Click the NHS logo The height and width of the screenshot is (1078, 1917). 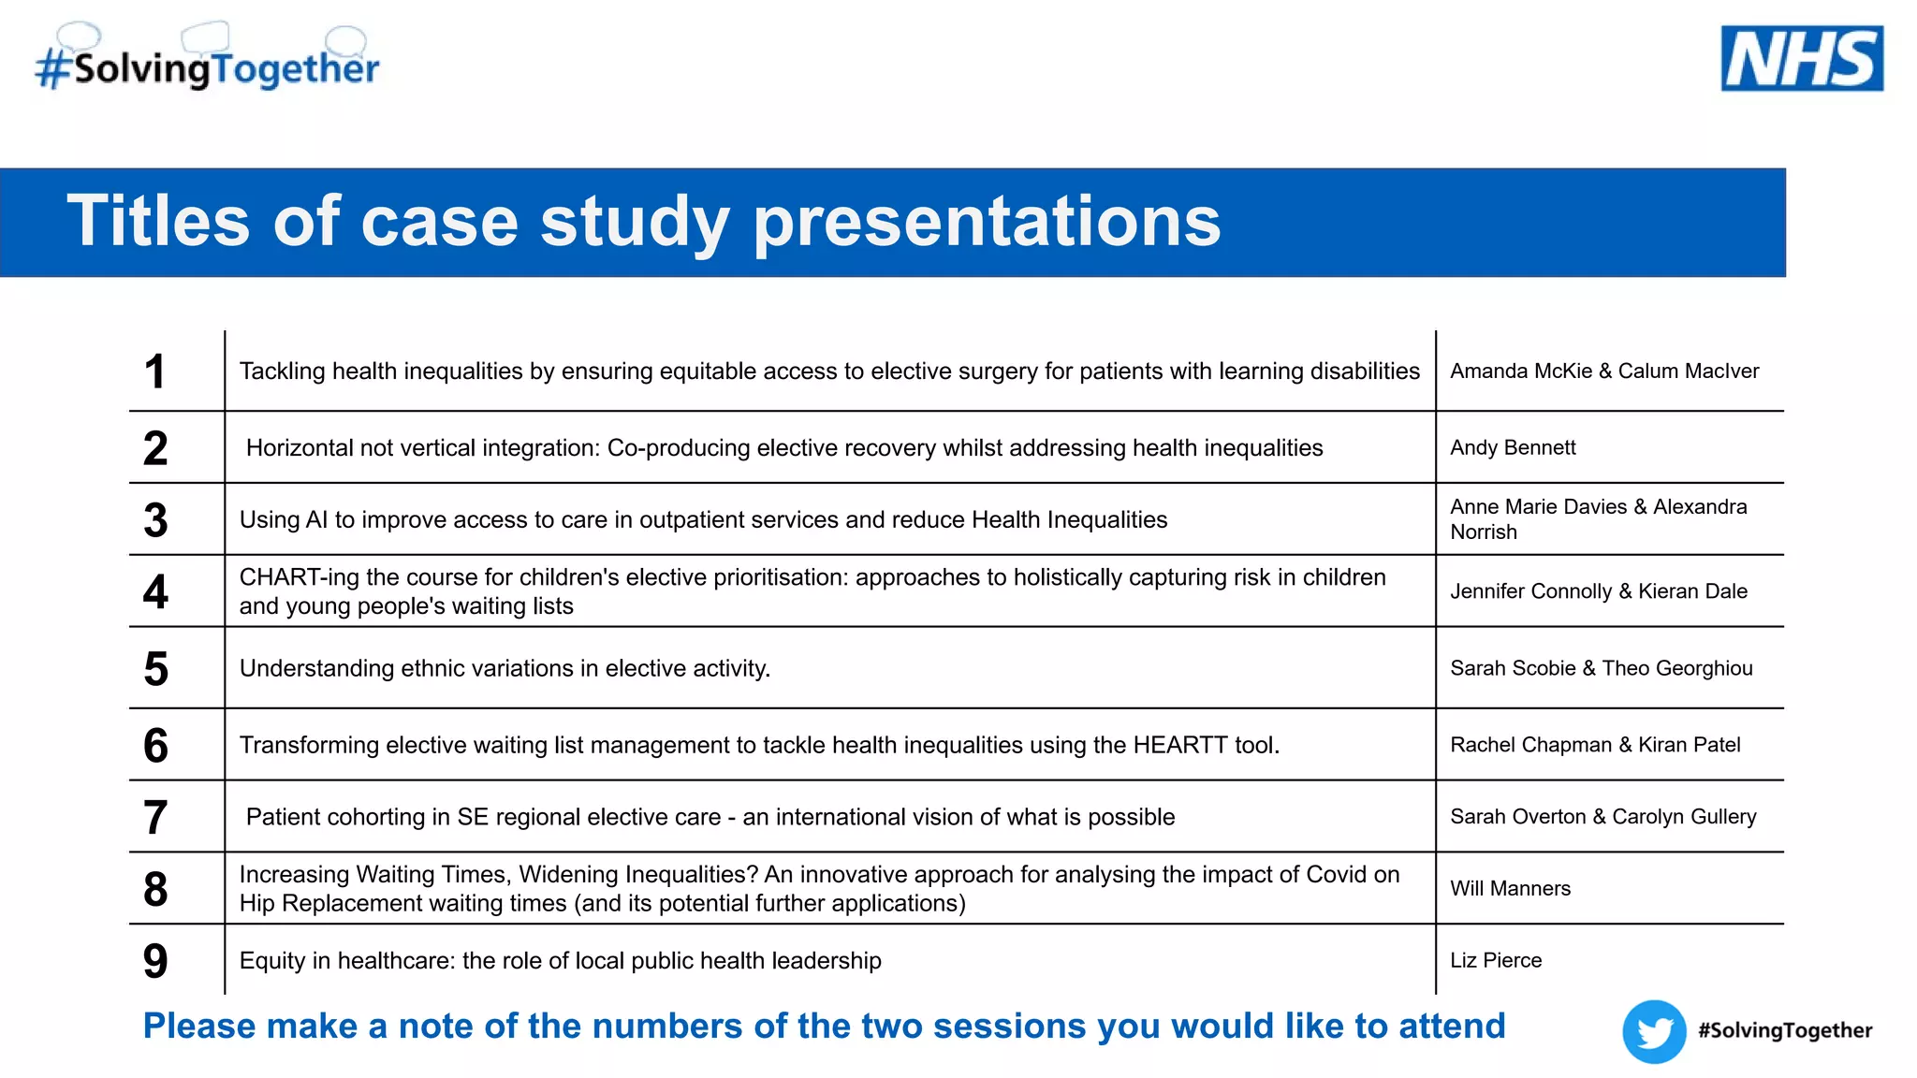1801,58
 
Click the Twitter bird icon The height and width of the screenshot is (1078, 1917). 1654,1031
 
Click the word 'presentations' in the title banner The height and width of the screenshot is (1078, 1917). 987,223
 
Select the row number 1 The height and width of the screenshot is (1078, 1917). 155,371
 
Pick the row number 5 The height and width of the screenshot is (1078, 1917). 156,669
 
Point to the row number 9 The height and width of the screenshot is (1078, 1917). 155,961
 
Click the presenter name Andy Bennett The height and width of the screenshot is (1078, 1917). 1513,448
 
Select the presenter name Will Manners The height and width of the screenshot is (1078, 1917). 1510,889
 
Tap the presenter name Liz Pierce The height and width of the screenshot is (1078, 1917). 1496,961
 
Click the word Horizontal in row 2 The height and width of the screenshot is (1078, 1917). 300,448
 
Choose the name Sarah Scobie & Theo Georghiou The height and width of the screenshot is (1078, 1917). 1601,669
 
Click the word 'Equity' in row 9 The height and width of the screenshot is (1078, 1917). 271,961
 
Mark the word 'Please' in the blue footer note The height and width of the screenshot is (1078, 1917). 198,1027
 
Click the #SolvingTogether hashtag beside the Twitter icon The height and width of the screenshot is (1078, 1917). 1784,1031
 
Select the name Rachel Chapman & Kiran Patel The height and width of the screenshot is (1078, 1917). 1595,746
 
